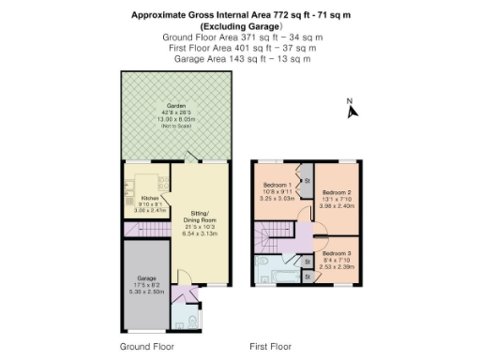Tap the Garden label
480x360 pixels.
pyautogui.click(x=172, y=106)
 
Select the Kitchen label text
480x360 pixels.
pyautogui.click(x=149, y=198)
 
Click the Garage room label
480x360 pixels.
pyautogui.click(x=146, y=278)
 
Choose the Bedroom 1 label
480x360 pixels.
pyautogui.click(x=277, y=184)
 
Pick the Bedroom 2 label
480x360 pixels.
pyautogui.click(x=335, y=191)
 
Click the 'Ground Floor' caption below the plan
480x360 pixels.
pyautogui.click(x=146, y=346)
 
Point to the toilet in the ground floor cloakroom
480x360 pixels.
pyautogui.click(x=192, y=323)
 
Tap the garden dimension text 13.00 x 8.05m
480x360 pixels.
pyautogui.click(x=172, y=119)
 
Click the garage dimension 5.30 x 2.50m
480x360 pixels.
pyautogui.click(x=146, y=292)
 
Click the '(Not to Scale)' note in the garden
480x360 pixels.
pyautogui.click(x=172, y=126)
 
